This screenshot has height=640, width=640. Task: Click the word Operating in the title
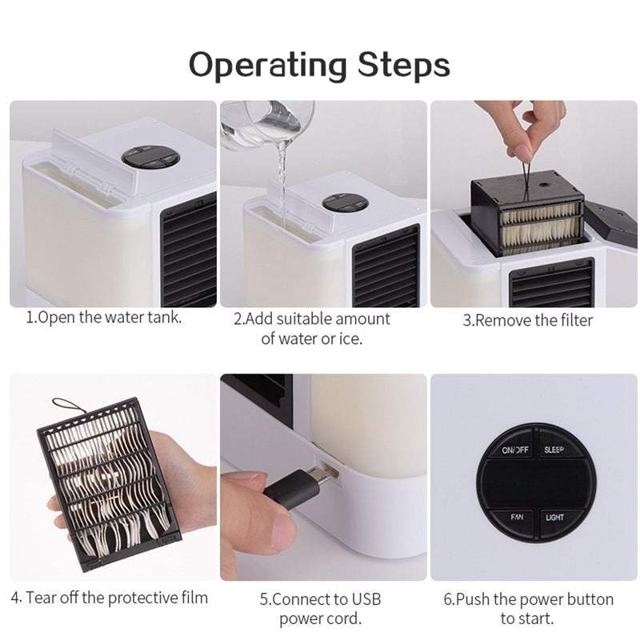tap(268, 66)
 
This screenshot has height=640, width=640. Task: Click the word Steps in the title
tap(404, 64)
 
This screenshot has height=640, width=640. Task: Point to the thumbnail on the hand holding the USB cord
tap(242, 478)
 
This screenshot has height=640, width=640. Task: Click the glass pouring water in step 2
tap(267, 124)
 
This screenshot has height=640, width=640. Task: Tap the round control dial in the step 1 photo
tap(151, 156)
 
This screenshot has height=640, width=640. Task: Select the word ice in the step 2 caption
tap(350, 338)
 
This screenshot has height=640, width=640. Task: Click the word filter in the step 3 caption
tap(576, 321)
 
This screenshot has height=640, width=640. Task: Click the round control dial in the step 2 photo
tap(346, 202)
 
